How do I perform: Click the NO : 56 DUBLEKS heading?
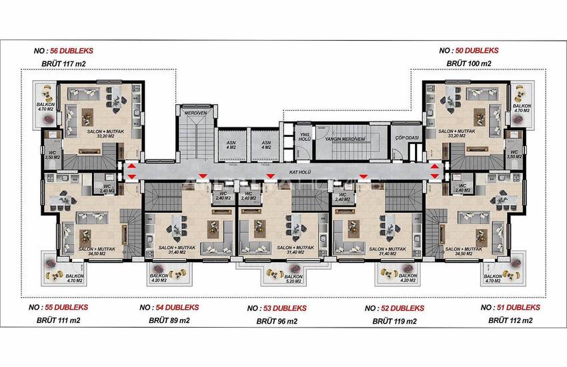tap(63, 50)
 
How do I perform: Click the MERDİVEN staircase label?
tap(197, 113)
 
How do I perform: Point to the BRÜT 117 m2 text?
tap(63, 64)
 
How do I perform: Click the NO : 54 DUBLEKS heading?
tap(169, 308)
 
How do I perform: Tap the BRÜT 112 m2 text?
tap(511, 321)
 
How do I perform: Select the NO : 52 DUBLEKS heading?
tap(395, 308)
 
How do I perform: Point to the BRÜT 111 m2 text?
tap(59, 321)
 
